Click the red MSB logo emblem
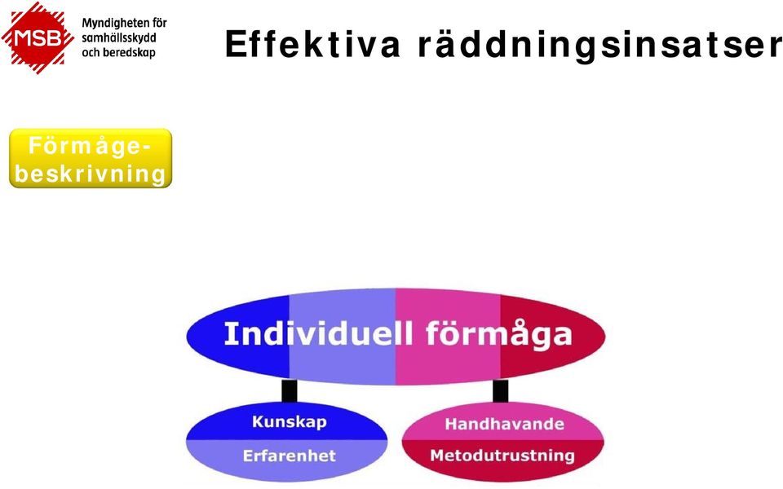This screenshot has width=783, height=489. (x=38, y=37)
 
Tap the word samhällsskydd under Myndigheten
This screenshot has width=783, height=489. (x=119, y=38)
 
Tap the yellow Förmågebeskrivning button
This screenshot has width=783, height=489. (x=91, y=158)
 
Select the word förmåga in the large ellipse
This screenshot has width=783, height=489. (x=499, y=334)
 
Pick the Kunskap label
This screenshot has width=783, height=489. (x=290, y=421)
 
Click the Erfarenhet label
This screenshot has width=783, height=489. (x=289, y=456)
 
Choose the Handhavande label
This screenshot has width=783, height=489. (x=504, y=424)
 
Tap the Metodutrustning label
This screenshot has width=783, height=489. (x=502, y=456)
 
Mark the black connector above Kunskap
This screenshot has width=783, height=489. (x=289, y=390)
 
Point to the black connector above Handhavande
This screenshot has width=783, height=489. (x=500, y=390)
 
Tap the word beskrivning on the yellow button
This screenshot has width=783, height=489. (x=91, y=174)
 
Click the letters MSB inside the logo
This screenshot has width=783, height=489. (x=38, y=38)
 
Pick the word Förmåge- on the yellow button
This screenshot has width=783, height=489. (x=90, y=147)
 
